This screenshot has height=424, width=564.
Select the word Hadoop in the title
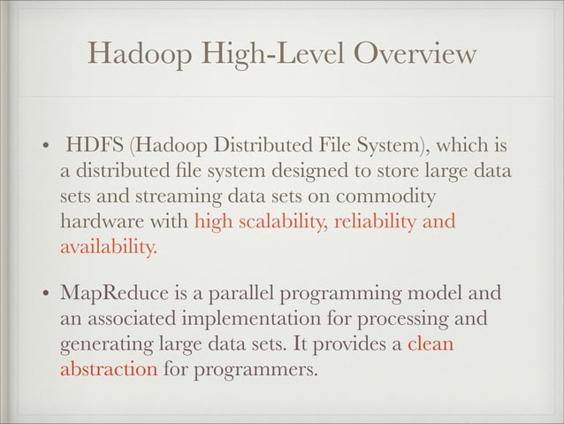coord(131,56)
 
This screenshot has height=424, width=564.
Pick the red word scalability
coord(276,221)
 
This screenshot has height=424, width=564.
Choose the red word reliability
coord(371,221)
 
